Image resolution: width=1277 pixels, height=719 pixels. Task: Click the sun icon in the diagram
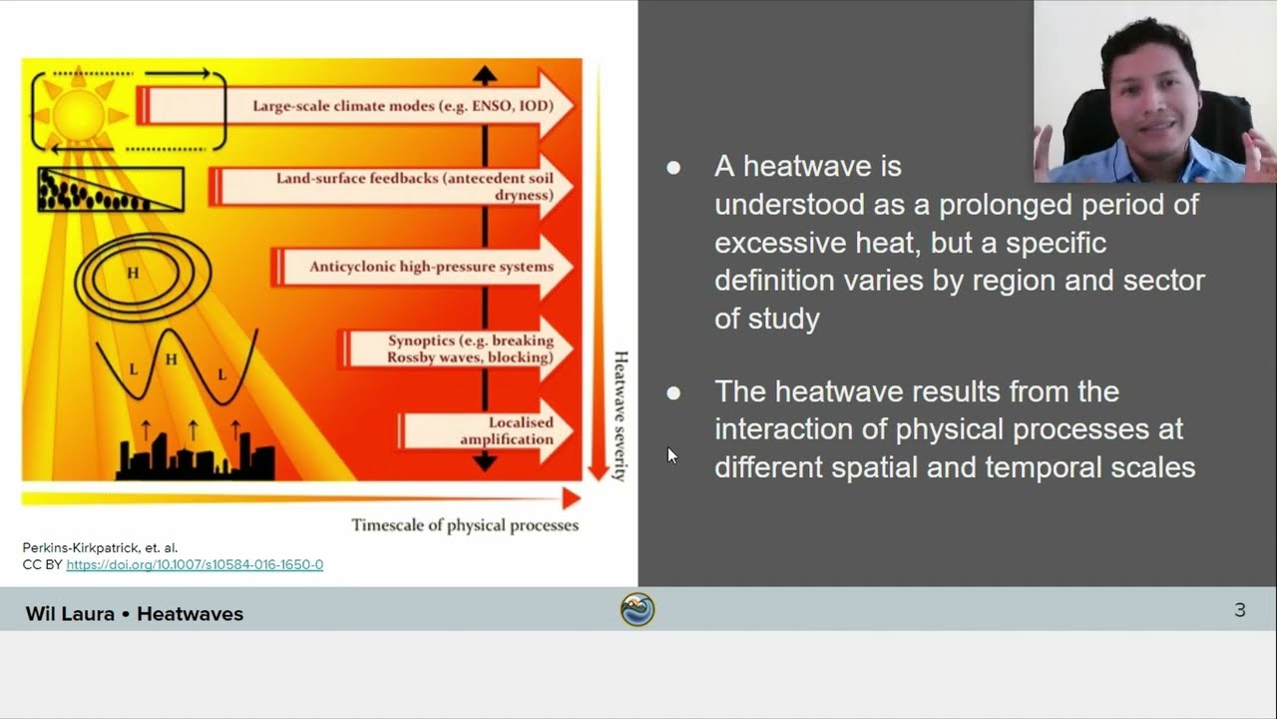point(79,112)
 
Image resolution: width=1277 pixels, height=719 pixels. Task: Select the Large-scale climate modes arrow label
point(397,106)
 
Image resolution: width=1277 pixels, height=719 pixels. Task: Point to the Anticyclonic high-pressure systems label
point(431,267)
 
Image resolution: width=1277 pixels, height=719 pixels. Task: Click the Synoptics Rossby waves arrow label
point(470,349)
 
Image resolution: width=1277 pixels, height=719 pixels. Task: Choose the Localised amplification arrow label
point(506,431)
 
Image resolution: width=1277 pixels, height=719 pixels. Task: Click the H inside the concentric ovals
point(133,272)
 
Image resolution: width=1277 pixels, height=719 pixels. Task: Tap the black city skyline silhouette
point(196,460)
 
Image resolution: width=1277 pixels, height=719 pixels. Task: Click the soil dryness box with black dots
point(110,190)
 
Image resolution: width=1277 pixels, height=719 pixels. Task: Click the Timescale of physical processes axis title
point(464,524)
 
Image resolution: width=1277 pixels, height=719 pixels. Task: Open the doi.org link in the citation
point(195,564)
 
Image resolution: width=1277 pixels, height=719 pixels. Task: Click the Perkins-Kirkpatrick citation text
point(100,547)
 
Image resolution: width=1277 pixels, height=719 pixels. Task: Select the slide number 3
point(1239,609)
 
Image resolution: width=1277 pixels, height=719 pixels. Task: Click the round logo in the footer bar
point(638,609)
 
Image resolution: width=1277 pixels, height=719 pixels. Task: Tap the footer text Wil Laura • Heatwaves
point(135,613)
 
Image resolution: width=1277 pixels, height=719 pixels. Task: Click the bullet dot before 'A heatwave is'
point(673,167)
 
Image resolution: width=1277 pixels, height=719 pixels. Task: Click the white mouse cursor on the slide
point(671,455)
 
